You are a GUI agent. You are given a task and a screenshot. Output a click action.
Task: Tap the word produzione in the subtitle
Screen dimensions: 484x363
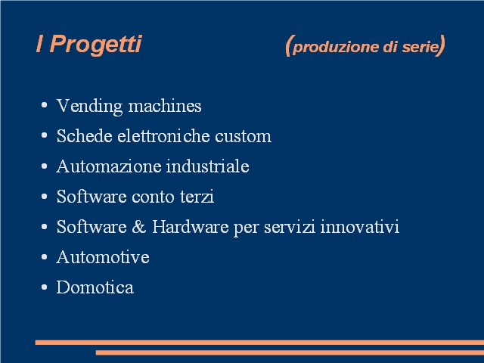tap(336, 48)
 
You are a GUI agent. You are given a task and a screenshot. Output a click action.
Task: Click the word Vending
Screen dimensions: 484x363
tap(89, 107)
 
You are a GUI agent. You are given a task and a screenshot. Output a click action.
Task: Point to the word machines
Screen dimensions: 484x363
tap(165, 106)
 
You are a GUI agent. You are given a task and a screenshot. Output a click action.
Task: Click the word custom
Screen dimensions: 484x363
tap(244, 136)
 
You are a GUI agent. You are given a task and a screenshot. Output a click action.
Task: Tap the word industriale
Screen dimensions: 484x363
tap(208, 166)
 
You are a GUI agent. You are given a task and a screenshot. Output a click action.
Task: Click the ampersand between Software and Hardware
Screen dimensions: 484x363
tap(139, 227)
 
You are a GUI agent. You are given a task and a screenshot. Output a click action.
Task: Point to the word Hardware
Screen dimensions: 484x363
tap(191, 227)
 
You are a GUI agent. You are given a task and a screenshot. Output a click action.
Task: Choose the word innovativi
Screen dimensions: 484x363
tap(360, 227)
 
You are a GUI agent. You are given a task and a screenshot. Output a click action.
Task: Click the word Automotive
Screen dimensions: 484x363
tap(103, 257)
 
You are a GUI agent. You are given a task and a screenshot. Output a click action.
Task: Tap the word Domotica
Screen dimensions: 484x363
tap(95, 287)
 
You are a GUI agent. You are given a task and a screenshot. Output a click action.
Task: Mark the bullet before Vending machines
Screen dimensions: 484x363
tap(44, 105)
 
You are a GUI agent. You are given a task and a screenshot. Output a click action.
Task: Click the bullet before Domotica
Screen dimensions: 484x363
tap(44, 287)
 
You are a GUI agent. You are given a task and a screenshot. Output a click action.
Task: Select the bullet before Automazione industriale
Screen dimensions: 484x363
tap(44, 166)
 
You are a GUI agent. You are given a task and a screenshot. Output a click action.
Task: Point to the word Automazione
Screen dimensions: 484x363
tap(109, 166)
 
